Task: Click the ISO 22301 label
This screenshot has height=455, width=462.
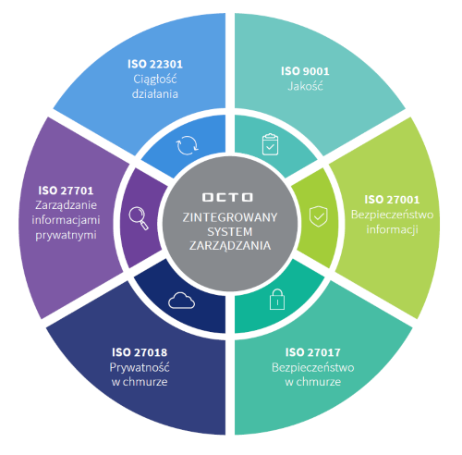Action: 155,64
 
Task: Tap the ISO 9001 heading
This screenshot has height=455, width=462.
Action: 305,71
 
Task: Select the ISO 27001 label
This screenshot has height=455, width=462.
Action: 392,200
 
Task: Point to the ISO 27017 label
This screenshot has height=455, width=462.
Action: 313,352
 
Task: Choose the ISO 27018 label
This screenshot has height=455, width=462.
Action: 140,352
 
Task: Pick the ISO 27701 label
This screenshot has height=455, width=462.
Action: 66,191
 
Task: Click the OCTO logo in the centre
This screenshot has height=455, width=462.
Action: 227,197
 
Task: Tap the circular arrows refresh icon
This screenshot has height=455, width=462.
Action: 187,145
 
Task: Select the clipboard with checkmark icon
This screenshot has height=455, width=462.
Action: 270,144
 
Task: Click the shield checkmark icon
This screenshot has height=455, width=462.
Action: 319,216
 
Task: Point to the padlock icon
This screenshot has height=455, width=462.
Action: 277,299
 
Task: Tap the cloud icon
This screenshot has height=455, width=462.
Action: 182,301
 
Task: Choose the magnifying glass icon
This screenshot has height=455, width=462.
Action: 139,218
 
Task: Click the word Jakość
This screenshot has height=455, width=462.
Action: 305,86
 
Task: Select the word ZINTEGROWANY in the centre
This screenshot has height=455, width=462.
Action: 230,217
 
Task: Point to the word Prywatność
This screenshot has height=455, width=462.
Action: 140,367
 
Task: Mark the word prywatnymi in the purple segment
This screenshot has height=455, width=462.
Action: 66,235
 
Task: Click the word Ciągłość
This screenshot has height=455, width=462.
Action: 155,80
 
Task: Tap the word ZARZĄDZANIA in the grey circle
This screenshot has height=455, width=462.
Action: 230,246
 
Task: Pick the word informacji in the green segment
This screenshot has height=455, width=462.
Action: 392,229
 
